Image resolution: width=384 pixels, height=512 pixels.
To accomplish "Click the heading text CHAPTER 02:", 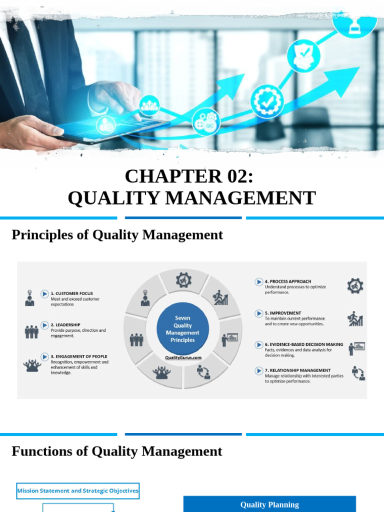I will (192, 176).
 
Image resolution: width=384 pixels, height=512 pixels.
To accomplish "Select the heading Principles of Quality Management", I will (117, 234).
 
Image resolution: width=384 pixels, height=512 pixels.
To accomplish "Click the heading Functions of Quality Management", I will (116, 451).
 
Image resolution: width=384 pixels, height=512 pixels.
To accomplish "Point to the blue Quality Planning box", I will (269, 504).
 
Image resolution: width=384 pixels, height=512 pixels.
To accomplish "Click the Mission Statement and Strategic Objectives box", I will (78, 490).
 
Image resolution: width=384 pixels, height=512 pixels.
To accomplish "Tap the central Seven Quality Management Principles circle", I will (182, 329).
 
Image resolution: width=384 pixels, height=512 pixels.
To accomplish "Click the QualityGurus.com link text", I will (183, 357).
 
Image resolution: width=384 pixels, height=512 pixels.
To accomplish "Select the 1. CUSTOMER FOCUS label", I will (71, 293).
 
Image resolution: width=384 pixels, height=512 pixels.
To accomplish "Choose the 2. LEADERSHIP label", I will (65, 324).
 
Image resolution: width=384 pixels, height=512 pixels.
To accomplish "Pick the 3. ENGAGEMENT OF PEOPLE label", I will (79, 356).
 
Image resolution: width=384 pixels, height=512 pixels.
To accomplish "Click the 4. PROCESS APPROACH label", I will (287, 281).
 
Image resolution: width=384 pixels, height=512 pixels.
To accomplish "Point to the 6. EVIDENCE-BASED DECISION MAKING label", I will (304, 344).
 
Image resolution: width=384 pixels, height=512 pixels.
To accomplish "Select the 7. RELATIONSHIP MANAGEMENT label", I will (297, 370).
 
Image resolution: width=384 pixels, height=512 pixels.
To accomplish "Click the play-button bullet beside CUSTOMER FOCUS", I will (45, 294).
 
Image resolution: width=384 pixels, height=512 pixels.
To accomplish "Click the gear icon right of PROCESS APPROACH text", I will (355, 286).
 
